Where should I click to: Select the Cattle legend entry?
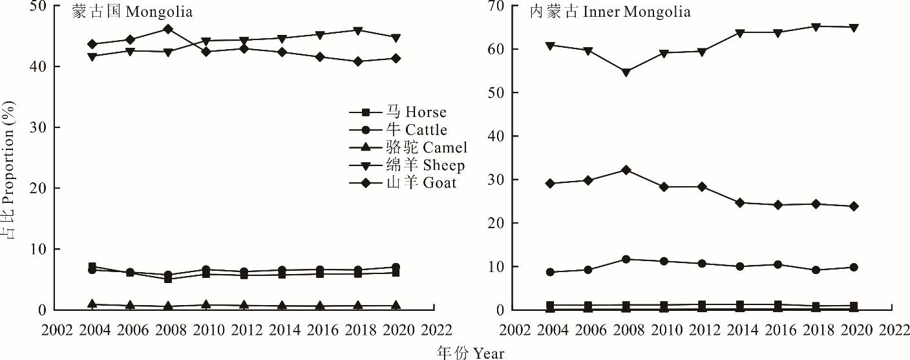[407, 131]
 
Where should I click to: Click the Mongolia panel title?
[132, 12]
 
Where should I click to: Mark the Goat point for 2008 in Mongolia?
[167, 29]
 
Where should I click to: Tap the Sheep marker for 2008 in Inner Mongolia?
[626, 72]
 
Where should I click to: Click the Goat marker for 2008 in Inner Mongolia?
[626, 170]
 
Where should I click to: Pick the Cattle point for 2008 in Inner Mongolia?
[626, 259]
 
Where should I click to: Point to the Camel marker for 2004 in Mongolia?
[92, 304]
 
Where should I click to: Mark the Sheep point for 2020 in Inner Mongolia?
[853, 28]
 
